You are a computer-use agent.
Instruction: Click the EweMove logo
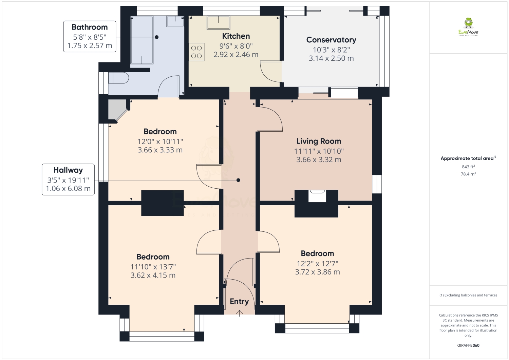pos(468,26)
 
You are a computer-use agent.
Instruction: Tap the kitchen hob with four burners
pos(196,52)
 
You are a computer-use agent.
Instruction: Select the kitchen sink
pos(218,22)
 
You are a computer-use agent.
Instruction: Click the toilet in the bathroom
pos(118,78)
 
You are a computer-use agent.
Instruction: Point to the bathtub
pos(142,40)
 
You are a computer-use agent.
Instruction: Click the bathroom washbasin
pos(175,21)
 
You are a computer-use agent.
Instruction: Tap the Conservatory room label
pos(331,40)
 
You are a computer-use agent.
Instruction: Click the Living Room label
pos(319,141)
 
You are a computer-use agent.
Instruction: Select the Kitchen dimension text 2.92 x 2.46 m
pos(236,55)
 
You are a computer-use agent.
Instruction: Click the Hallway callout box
pos(68,179)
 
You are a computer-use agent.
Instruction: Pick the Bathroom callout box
pos(90,36)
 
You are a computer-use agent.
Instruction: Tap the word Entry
pos(239,301)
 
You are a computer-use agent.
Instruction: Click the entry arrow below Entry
pos(239,313)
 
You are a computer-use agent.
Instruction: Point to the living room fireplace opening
pos(317,196)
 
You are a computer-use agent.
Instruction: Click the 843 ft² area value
pos(468,167)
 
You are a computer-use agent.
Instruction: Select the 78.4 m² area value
pos(468,174)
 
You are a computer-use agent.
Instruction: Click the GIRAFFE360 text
pos(468,345)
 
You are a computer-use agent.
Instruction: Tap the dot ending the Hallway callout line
pos(238,180)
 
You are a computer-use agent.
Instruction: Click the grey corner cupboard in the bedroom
pos(117,109)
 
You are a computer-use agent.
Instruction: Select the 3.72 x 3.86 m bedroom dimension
pos(317,272)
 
